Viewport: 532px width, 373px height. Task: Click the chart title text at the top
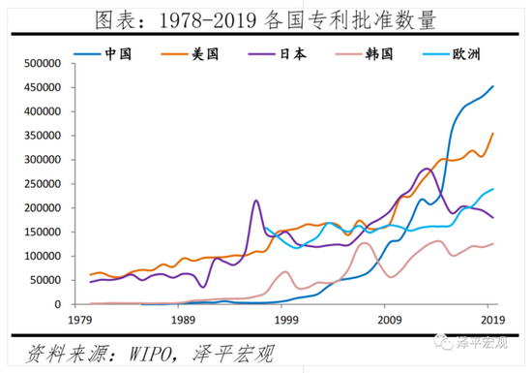[x=265, y=18]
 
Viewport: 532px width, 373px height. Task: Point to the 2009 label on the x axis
[x=389, y=319]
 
